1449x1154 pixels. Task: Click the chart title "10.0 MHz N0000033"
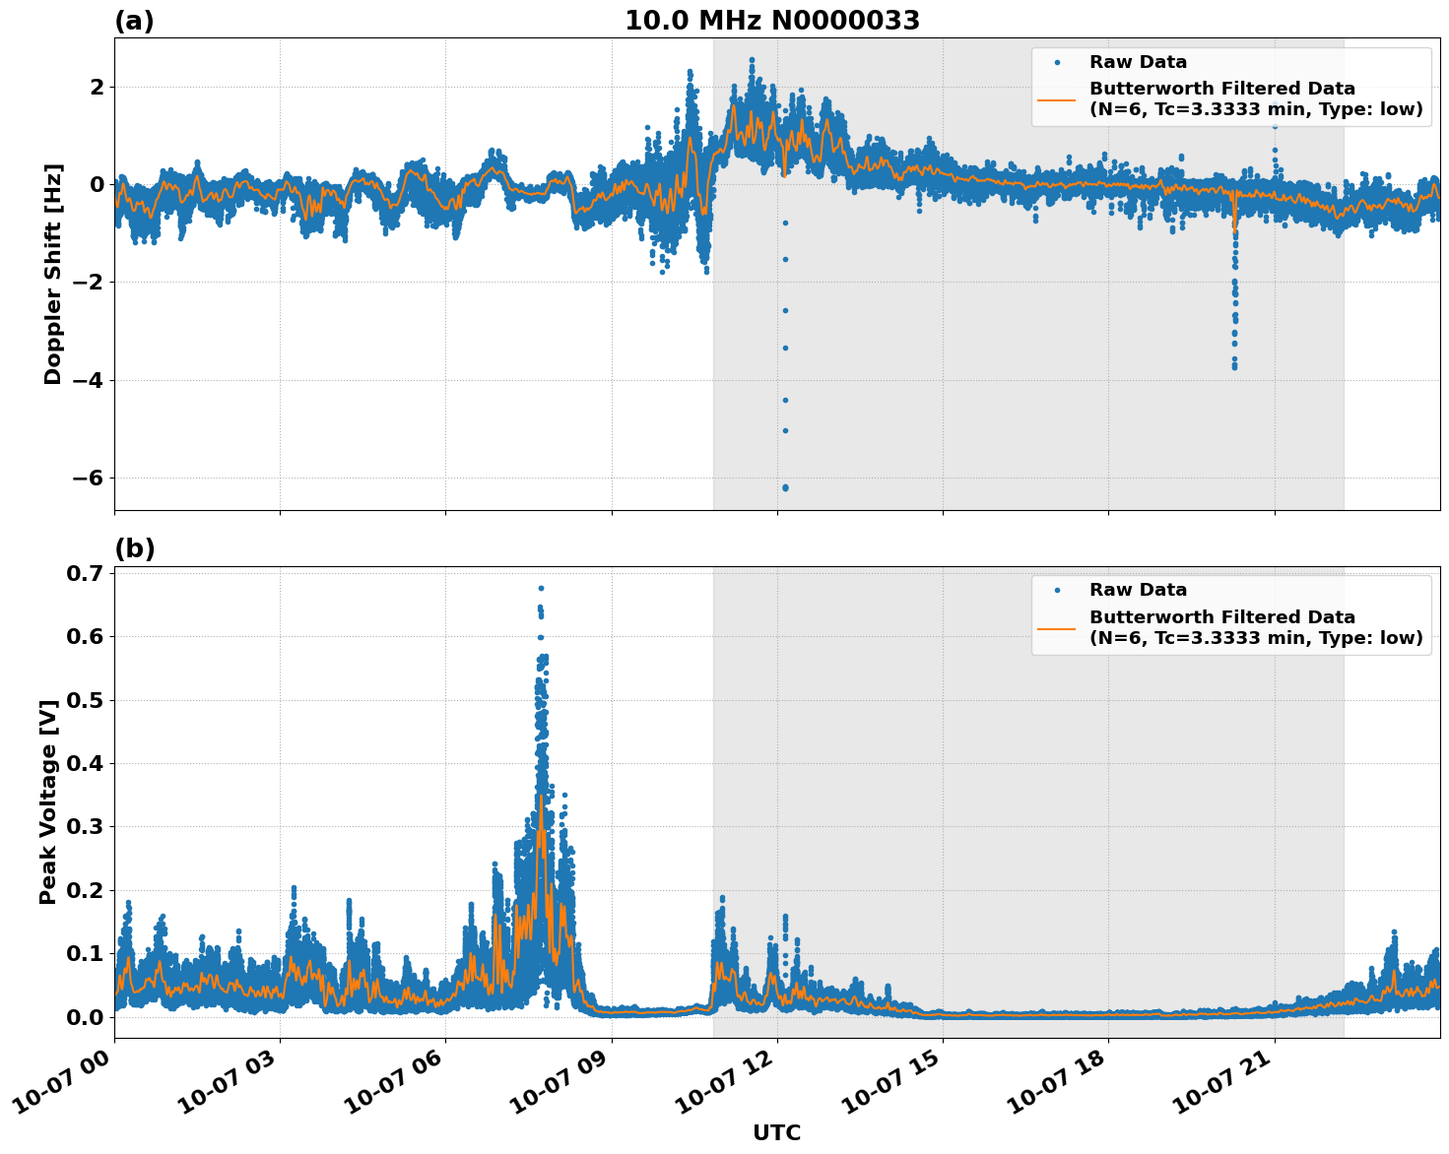point(771,21)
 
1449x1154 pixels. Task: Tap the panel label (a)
point(134,21)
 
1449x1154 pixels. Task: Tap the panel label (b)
point(134,548)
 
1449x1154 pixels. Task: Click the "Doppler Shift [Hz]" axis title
point(53,274)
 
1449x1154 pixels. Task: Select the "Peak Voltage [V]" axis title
point(48,801)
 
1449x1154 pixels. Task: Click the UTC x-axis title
point(776,1132)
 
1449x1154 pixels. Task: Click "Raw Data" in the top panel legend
point(1138,63)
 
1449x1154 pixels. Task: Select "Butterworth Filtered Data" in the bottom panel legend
point(1221,617)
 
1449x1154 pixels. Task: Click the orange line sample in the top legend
point(1057,98)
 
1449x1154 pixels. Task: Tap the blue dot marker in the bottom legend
point(1057,591)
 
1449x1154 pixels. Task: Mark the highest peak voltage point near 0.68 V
point(541,588)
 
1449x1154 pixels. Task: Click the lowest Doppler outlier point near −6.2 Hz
point(785,487)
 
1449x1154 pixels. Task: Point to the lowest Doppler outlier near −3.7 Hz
point(1234,367)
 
